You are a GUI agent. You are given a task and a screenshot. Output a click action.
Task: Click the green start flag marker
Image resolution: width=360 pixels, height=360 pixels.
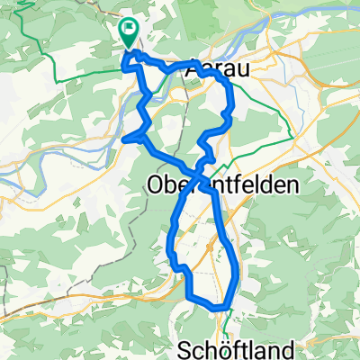click(x=129, y=33)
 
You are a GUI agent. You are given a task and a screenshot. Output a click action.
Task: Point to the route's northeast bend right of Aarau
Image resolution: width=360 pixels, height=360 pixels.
click(x=230, y=87)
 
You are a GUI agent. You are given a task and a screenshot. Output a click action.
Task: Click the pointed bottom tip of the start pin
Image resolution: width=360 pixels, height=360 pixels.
click(x=129, y=48)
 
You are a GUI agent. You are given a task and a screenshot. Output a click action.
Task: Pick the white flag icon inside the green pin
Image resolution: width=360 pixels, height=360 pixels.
click(x=129, y=31)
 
